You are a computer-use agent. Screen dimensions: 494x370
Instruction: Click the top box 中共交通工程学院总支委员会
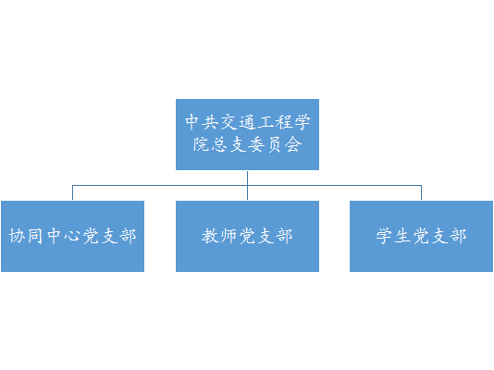tap(247, 134)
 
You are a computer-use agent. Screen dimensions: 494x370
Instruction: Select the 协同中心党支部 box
tap(73, 236)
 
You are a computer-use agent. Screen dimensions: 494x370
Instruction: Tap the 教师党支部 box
tap(247, 236)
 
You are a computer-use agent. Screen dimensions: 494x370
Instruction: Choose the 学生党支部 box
tap(421, 236)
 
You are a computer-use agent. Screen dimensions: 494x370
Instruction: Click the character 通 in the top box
tap(247, 122)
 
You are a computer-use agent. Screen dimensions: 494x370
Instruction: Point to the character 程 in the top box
tap(284, 122)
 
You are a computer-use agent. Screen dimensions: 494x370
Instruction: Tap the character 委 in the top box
tap(256, 145)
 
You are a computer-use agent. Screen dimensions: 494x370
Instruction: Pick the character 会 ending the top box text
tap(293, 145)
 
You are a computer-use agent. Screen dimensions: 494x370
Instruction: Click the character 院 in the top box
tap(202, 145)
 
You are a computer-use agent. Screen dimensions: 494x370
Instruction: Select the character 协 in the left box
tap(18, 236)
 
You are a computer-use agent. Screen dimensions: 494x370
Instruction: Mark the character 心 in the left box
tap(72, 236)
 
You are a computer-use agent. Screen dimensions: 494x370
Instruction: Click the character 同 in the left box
tap(35, 236)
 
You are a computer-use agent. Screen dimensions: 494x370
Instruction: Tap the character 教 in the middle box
tap(210, 236)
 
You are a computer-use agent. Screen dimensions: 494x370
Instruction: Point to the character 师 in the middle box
tap(228, 236)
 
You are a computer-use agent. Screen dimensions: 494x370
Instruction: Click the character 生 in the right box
tap(403, 236)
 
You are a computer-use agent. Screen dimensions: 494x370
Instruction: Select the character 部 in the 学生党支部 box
tap(458, 236)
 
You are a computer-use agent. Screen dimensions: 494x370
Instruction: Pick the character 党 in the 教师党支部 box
tap(247, 236)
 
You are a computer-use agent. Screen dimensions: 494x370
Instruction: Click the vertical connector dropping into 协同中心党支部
tap(72, 192)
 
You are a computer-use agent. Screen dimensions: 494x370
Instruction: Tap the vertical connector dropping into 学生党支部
tap(421, 192)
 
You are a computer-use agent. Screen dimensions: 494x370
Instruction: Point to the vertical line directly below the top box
tap(247, 186)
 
